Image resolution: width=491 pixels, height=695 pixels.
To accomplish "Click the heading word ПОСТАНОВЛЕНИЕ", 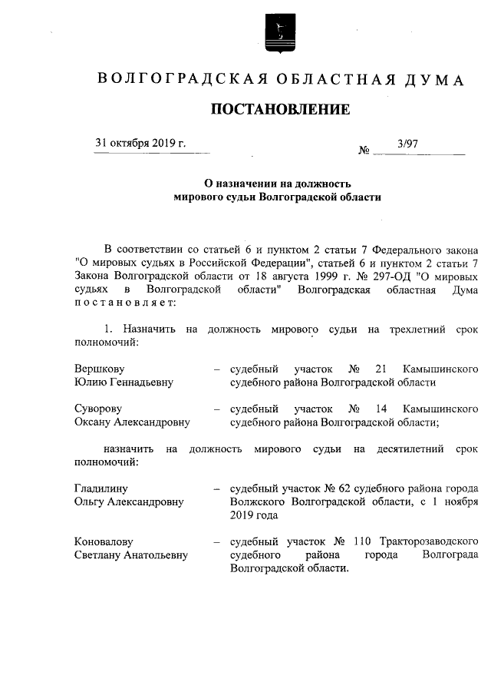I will pyautogui.click(x=281, y=110).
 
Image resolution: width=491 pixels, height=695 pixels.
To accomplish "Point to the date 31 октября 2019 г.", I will pyautogui.click(x=140, y=144).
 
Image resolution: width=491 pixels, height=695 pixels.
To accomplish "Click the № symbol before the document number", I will pyautogui.click(x=364, y=151).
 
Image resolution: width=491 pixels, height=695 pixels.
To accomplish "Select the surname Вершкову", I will pyautogui.click(x=99, y=368).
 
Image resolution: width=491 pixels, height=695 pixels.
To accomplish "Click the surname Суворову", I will pyautogui.click(x=98, y=408).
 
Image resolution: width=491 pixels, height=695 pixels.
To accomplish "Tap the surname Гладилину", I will pyautogui.click(x=101, y=488).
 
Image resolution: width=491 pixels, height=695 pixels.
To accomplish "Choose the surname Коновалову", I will pyautogui.click(x=104, y=541).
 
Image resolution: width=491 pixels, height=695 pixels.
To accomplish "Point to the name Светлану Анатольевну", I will pyautogui.click(x=130, y=554).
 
